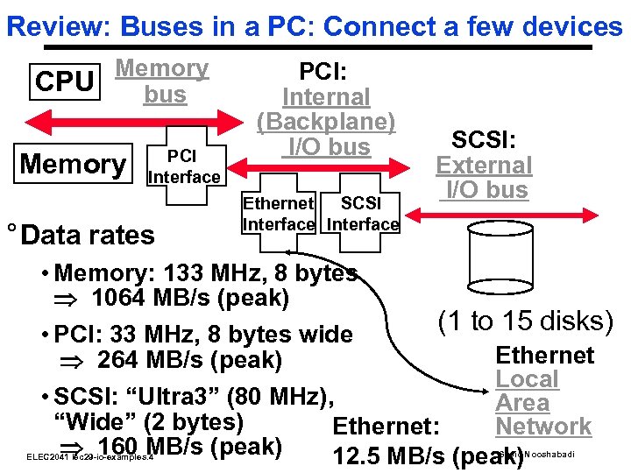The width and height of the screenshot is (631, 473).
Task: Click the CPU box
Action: pyautogui.click(x=64, y=82)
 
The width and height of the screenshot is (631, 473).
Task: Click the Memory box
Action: pyautogui.click(x=74, y=164)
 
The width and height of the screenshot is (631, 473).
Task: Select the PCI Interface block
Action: pyautogui.click(x=183, y=167)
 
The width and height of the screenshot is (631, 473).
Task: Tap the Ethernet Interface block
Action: pyautogui.click(x=278, y=214)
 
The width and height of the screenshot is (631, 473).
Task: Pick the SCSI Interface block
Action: pyautogui.click(x=362, y=214)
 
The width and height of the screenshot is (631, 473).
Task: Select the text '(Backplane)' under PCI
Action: pyautogui.click(x=326, y=122)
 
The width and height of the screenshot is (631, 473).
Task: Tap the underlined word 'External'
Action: pyautogui.click(x=484, y=165)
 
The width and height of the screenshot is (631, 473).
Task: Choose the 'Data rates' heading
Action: pyautogui.click(x=88, y=235)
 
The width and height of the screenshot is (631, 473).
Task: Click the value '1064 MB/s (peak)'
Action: pyautogui.click(x=189, y=298)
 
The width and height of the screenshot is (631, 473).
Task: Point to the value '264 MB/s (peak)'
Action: pyautogui.click(x=189, y=359)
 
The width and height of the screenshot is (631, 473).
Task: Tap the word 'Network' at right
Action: pyautogui.click(x=543, y=427)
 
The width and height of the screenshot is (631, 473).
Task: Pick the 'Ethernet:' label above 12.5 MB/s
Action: pyautogui.click(x=386, y=427)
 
